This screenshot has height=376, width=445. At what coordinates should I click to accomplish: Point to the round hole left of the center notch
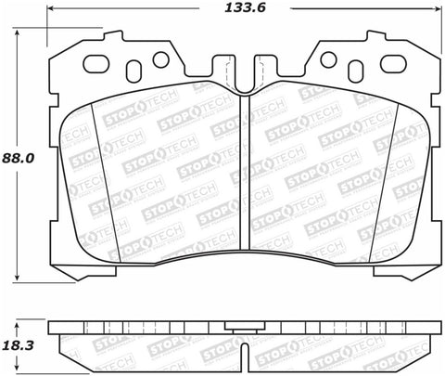tap(160, 59)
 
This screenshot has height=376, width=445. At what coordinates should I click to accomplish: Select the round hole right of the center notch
tap(326, 59)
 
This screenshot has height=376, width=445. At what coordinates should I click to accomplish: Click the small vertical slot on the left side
tap(131, 71)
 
